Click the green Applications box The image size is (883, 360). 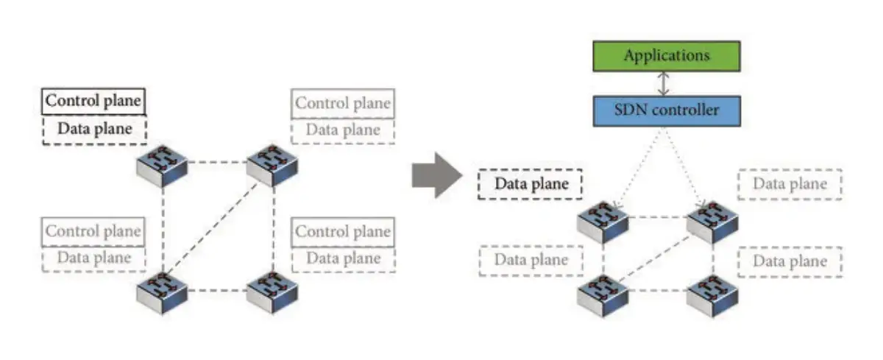667,56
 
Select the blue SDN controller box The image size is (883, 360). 667,110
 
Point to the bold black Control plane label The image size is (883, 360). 93,101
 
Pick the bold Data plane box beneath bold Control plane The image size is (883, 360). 95,130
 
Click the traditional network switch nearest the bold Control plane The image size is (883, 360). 162,166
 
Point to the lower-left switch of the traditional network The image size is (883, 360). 162,293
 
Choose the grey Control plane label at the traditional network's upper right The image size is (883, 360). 343,103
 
